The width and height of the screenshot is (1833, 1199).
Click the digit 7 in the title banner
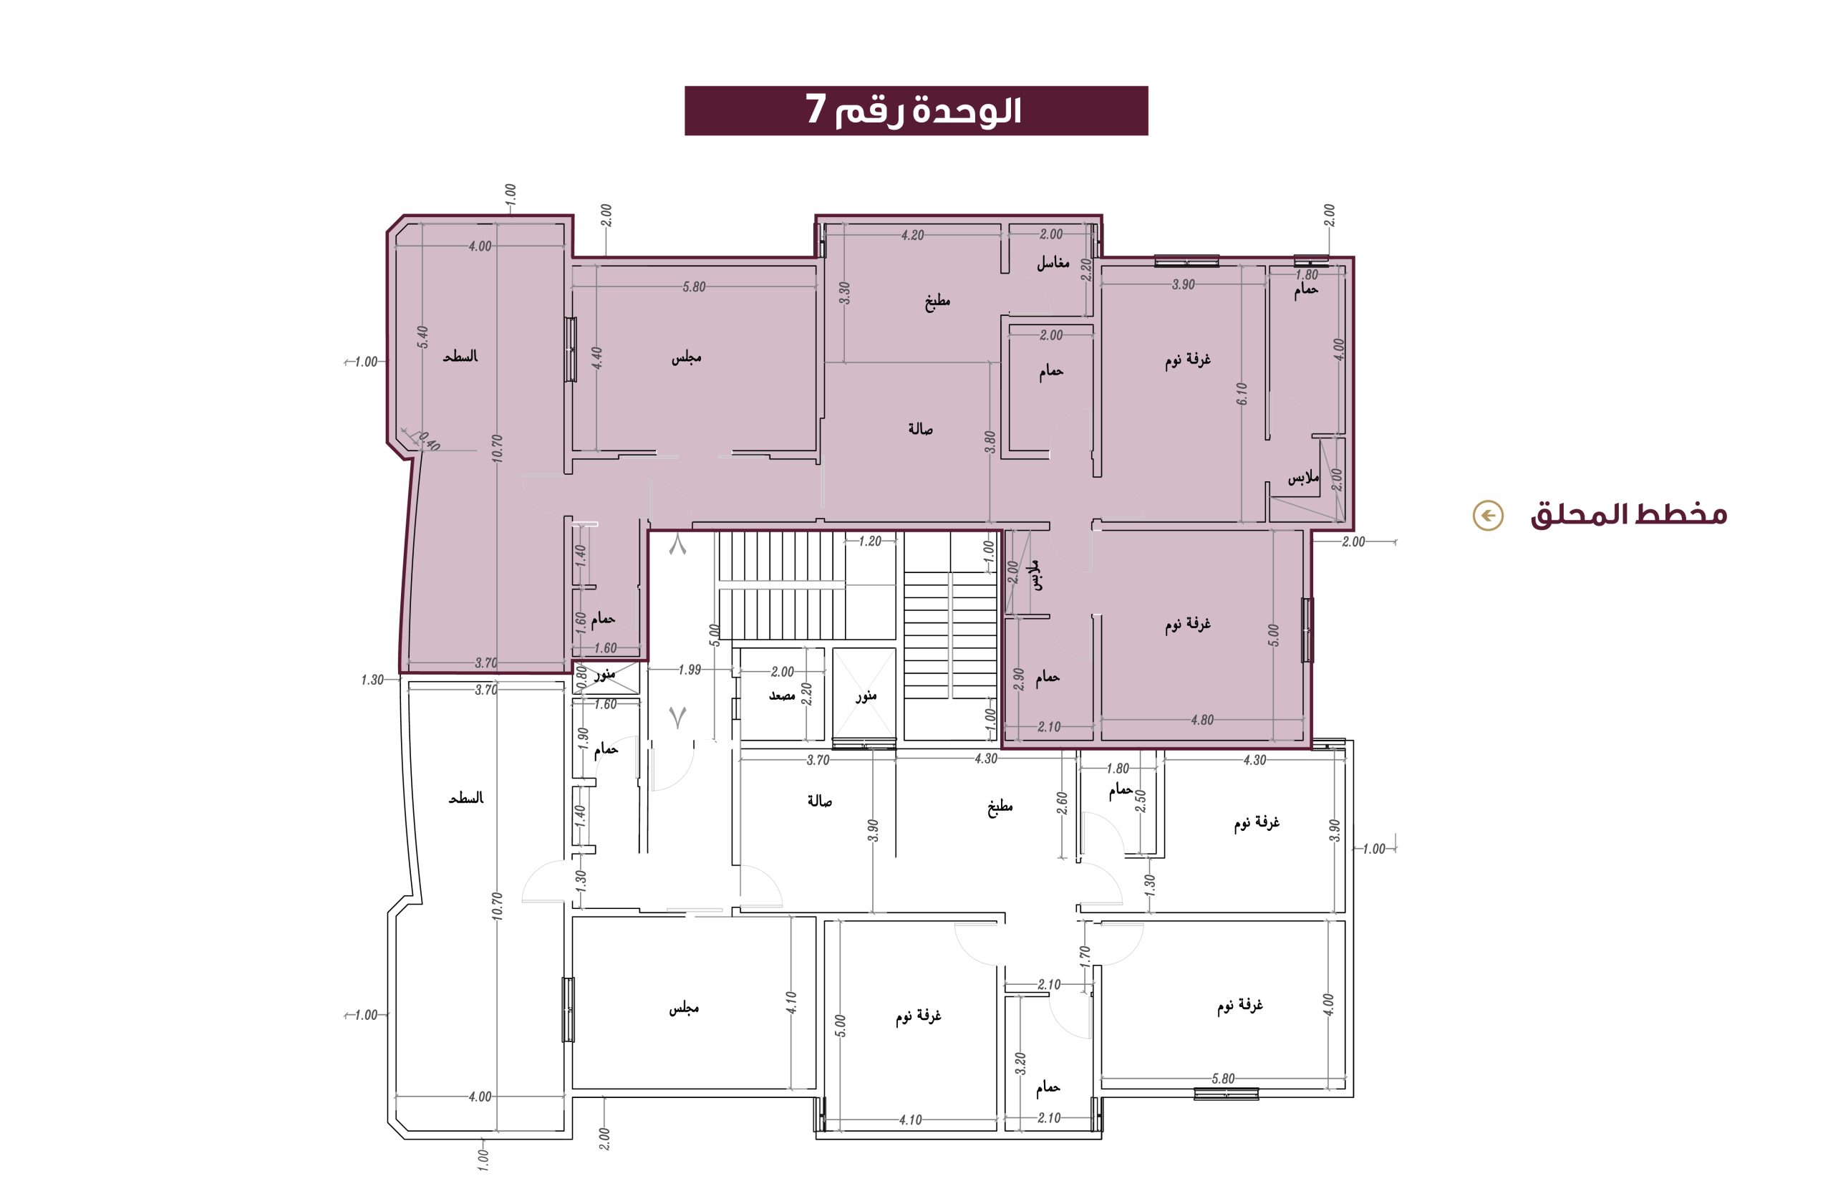816,110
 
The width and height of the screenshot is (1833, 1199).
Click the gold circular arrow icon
1487,515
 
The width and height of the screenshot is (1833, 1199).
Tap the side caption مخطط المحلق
1629,514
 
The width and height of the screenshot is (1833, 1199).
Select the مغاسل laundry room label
1053,263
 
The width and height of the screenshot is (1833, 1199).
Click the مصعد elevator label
782,695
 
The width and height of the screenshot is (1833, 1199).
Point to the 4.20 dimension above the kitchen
912,235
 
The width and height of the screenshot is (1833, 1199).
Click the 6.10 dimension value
1241,394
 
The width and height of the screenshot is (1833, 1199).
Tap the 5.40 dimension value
423,337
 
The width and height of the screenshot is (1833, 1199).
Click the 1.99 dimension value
690,670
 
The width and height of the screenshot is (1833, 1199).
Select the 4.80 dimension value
1201,720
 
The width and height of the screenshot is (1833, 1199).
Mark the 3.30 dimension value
844,292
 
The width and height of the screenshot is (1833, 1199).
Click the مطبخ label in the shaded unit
937,302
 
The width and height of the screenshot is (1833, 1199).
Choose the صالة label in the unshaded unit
819,801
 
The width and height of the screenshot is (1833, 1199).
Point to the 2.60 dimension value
1062,803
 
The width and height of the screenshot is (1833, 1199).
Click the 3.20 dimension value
1021,1064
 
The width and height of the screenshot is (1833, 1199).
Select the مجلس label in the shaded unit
686,357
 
